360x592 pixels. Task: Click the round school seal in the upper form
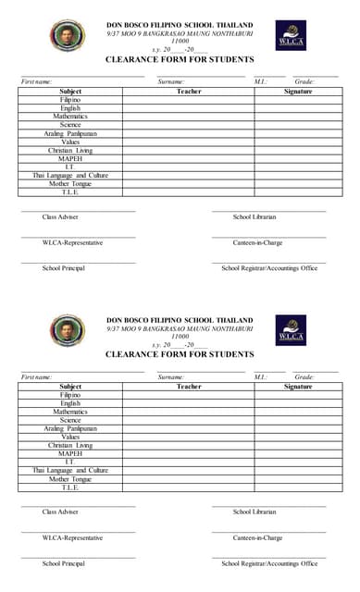point(67,35)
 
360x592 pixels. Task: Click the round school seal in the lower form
point(67,330)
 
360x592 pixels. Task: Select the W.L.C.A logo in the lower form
point(291,330)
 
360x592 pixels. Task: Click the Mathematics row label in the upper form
point(70,117)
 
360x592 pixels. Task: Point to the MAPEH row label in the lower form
point(70,454)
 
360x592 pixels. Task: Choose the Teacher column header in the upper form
point(189,92)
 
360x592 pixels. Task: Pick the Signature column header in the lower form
point(298,386)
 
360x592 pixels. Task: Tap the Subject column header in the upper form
point(70,92)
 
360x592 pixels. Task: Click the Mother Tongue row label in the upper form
point(70,183)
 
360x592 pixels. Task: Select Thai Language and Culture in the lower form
point(70,470)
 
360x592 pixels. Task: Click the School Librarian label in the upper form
point(254,216)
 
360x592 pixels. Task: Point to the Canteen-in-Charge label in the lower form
point(257,537)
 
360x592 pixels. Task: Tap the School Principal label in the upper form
point(63,268)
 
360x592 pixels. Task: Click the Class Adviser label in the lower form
point(60,512)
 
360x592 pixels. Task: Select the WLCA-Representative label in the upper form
point(72,242)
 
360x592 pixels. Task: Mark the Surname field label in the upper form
point(171,81)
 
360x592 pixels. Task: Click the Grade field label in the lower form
point(304,376)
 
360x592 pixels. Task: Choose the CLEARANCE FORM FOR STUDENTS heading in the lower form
point(180,354)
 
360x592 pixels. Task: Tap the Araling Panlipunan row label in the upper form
point(70,133)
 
